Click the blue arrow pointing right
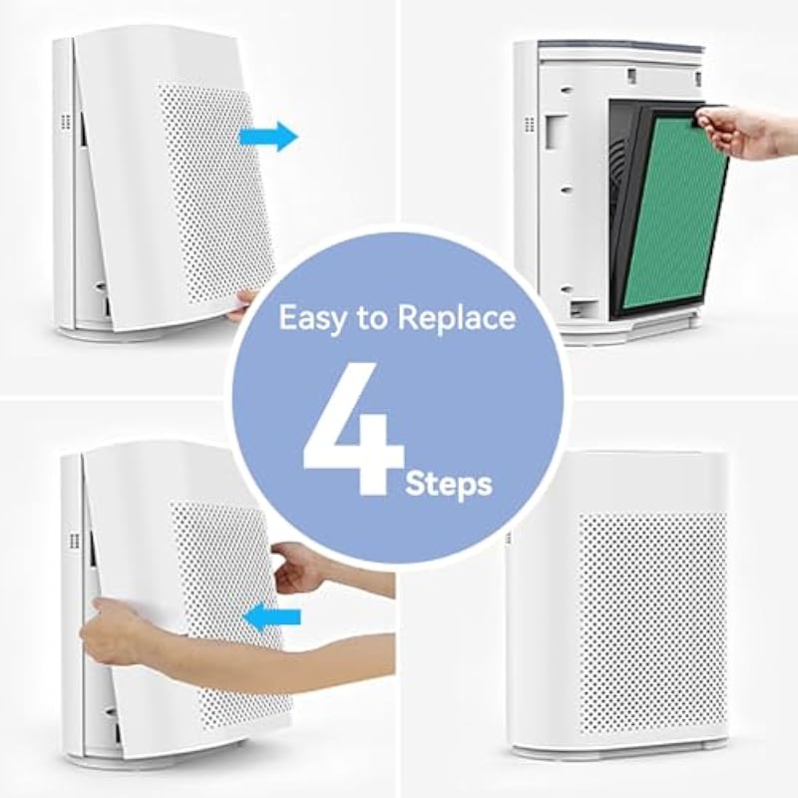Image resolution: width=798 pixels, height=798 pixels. pos(268,137)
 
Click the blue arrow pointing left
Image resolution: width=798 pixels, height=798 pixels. pos(271,616)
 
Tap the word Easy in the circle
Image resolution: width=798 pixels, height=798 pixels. pos(311,318)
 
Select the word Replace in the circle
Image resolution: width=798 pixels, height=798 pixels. pos(457,318)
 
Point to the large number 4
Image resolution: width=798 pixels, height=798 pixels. pos(354,429)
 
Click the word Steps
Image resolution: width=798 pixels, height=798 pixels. pos(449,484)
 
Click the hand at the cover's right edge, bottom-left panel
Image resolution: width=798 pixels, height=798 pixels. pos(297,568)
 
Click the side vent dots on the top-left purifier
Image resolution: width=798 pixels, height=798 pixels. pos(65,122)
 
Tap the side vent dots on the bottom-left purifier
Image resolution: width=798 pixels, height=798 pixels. pos(74,541)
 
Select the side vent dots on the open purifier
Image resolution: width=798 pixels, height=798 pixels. pos(530,124)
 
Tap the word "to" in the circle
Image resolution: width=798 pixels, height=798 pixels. pos(370,318)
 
